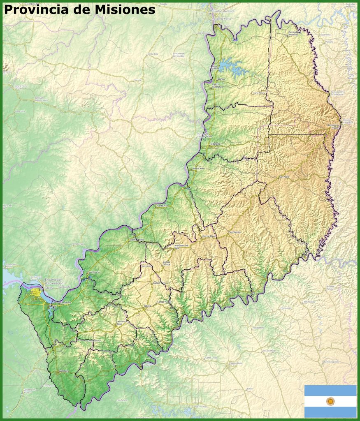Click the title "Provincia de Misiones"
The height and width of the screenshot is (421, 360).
coord(79,9)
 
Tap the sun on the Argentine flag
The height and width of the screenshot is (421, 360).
coord(330,401)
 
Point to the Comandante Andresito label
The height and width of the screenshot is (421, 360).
coord(293,33)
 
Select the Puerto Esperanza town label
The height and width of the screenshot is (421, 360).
coord(218,86)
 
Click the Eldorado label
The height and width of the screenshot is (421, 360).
coord(215,143)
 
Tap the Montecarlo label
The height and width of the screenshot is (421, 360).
coord(198,168)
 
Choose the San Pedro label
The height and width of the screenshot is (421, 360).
coord(284,177)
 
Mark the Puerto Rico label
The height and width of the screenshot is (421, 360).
coord(163,205)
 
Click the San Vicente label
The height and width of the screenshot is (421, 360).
coord(235,232)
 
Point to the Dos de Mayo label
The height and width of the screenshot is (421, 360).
coord(209,236)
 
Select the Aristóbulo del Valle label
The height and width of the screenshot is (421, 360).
coord(181,246)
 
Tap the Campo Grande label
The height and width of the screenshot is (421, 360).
coord(167,263)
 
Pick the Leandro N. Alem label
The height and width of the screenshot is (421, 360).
coord(121,323)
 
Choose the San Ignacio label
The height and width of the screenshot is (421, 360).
coord(93,272)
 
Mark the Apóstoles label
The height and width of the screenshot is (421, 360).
coord(64,371)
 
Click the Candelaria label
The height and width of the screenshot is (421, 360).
coord(66,303)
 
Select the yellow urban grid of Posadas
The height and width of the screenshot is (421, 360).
coord(36,292)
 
